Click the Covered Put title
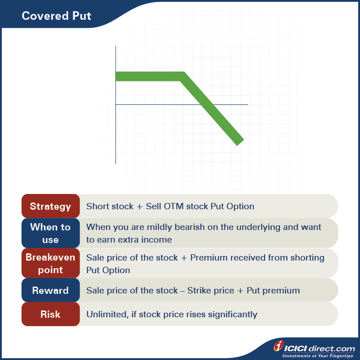[56, 16]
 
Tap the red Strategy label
[50, 207]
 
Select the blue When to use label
[50, 233]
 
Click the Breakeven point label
[50, 264]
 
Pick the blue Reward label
[50, 291]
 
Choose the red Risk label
[50, 314]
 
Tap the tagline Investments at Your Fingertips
[318, 356]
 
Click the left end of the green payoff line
[117, 76]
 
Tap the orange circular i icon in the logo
[279, 346]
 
